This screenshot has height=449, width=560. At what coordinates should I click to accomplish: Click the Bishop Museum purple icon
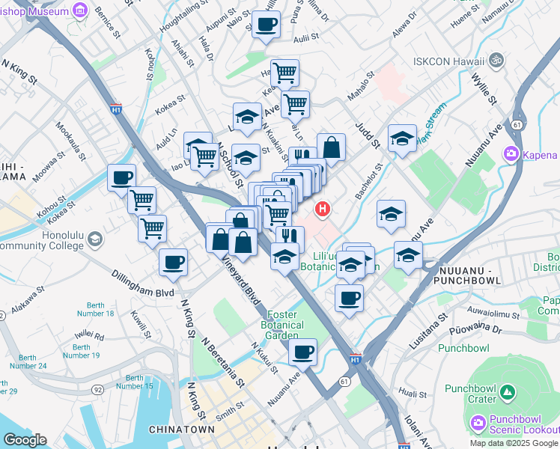click(79, 10)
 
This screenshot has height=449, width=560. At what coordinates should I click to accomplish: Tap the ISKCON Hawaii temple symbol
click(495, 60)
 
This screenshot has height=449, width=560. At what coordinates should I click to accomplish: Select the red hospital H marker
click(323, 209)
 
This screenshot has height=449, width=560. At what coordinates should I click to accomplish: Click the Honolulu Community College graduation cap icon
click(95, 239)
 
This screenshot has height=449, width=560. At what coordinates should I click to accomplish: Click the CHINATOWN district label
click(177, 430)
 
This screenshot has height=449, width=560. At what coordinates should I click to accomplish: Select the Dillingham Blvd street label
click(145, 284)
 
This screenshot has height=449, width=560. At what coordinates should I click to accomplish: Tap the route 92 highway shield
click(98, 389)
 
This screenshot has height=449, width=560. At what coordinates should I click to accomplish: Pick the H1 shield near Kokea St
click(116, 109)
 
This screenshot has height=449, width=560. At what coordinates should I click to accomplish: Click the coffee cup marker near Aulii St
click(266, 25)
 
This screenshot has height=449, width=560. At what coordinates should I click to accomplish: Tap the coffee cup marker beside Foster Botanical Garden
click(302, 352)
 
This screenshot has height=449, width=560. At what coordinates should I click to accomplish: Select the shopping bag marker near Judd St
click(331, 147)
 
